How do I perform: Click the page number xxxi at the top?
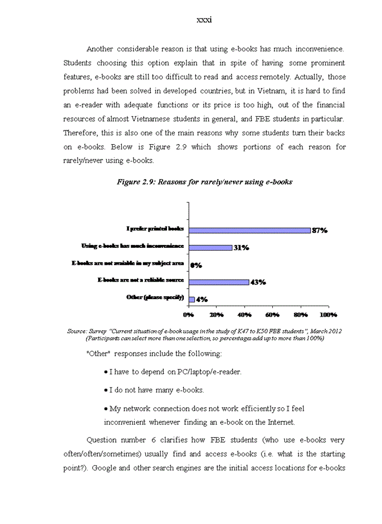pyautogui.click(x=204, y=20)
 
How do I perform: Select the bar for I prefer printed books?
pyautogui.click(x=249, y=230)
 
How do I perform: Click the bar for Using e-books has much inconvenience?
pyautogui.click(x=210, y=247)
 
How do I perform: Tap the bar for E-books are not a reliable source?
pyautogui.click(x=219, y=282)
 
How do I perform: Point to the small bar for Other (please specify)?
pyautogui.click(x=192, y=299)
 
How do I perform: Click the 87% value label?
pyautogui.click(x=319, y=230)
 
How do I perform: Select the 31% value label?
pyautogui.click(x=241, y=248)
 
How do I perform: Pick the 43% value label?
pyautogui.click(x=258, y=282)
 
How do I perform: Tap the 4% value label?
pyautogui.click(x=201, y=300)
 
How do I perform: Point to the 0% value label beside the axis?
pyautogui.click(x=196, y=265)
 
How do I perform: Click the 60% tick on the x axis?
pyautogui.click(x=272, y=315)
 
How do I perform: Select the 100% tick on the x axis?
pyautogui.click(x=327, y=315)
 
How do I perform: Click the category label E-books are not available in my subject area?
pyautogui.click(x=128, y=264)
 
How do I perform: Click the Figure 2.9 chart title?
pyautogui.click(x=204, y=182)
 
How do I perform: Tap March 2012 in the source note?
pyautogui.click(x=326, y=331)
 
